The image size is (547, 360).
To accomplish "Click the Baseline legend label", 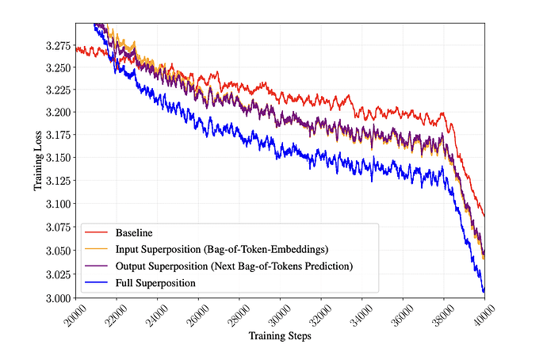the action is [134, 232].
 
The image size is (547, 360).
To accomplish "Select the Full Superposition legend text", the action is [155, 283].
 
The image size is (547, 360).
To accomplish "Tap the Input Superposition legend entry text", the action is [222, 250].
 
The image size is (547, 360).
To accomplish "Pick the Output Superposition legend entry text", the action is [234, 266].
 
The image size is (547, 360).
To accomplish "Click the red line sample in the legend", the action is [96, 232].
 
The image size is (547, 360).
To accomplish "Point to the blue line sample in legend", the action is [96, 282].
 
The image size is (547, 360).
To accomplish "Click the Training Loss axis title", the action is [38, 161].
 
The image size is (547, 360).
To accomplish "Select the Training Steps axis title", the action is [280, 336].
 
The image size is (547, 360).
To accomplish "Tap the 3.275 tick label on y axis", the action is [58, 46].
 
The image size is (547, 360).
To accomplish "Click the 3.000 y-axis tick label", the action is [58, 298].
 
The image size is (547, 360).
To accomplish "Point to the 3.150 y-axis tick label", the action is [58, 158].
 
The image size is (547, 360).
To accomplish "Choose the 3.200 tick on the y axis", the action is [58, 113].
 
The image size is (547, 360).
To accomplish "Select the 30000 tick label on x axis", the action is [280, 316].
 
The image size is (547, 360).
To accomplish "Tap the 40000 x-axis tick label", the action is [484, 316].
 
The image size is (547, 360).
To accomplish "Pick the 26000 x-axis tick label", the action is [198, 316].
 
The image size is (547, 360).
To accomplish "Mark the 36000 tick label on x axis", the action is [403, 316].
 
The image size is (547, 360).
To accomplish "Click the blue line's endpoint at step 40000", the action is [484, 289].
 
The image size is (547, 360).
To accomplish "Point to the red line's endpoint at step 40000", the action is [484, 216].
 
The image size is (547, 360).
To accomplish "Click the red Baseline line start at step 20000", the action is [76, 49].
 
